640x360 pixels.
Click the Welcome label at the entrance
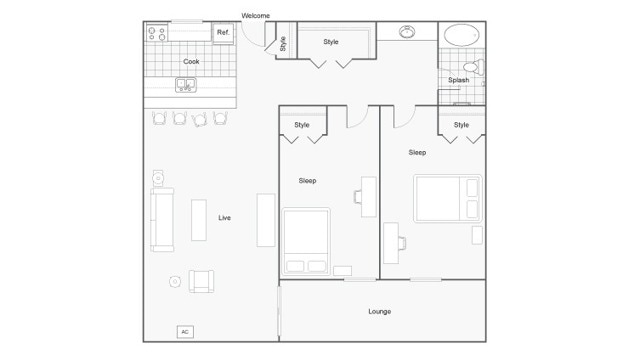[x=256, y=16]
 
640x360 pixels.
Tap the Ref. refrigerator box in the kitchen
[x=223, y=33]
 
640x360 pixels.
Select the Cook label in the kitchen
[x=190, y=61]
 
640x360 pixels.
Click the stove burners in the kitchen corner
[x=157, y=33]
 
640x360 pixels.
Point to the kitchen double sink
[x=187, y=84]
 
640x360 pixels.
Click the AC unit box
[x=185, y=331]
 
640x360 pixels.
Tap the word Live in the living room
[x=225, y=217]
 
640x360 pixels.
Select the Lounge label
[x=380, y=311]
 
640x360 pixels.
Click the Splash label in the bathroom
[x=458, y=80]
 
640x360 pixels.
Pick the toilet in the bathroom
[x=475, y=68]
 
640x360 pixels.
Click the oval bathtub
[x=461, y=35]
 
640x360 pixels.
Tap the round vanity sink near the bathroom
[x=408, y=32]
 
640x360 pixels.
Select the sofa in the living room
[x=162, y=219]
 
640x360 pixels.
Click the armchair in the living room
[x=201, y=281]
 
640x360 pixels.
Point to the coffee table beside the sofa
[x=198, y=220]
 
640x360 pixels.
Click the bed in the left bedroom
[x=306, y=241]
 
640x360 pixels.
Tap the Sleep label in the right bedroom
[x=417, y=152]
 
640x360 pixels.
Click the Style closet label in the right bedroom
[x=461, y=125]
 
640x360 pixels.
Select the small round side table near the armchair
[x=175, y=282]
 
